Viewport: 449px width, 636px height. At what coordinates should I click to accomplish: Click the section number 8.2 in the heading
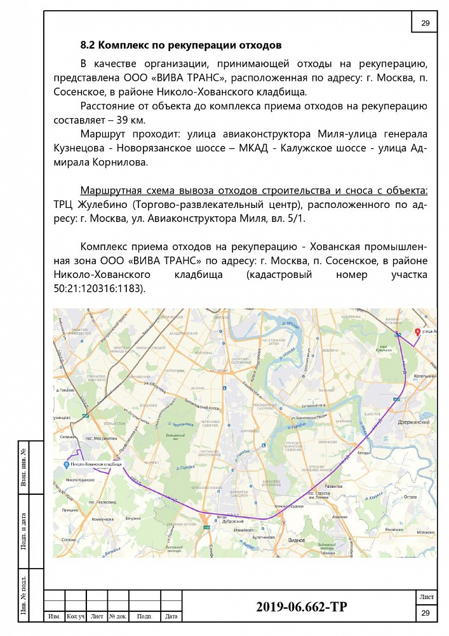pyautogui.click(x=87, y=45)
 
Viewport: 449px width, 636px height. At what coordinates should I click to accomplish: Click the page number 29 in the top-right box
pyautogui.click(x=425, y=24)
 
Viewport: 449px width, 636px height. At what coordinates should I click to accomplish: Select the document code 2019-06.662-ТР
pyautogui.click(x=302, y=607)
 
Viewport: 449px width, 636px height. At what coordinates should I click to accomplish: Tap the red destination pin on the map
pyautogui.click(x=417, y=332)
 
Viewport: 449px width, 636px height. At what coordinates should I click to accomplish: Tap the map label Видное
pyautogui.click(x=297, y=540)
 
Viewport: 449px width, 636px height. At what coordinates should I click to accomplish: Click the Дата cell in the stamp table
pyautogui.click(x=171, y=616)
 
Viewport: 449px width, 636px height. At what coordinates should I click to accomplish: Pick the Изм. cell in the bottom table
pyautogui.click(x=54, y=616)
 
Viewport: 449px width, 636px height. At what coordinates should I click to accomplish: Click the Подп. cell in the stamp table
pyautogui.click(x=144, y=616)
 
